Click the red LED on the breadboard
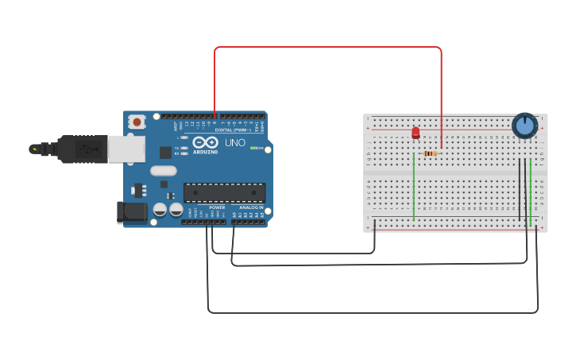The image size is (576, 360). (416, 133)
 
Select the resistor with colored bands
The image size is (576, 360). (430, 153)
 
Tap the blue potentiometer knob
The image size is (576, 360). (524, 125)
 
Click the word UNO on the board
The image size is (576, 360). (235, 143)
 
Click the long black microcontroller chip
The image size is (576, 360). (224, 192)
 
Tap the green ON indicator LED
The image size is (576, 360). (256, 148)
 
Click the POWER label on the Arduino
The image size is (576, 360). (217, 207)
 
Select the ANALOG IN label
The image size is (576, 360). (251, 207)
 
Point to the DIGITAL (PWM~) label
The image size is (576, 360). (235, 130)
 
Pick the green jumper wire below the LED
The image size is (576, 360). (414, 187)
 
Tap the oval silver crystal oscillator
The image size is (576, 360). (163, 170)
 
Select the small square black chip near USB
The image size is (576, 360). (165, 152)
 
